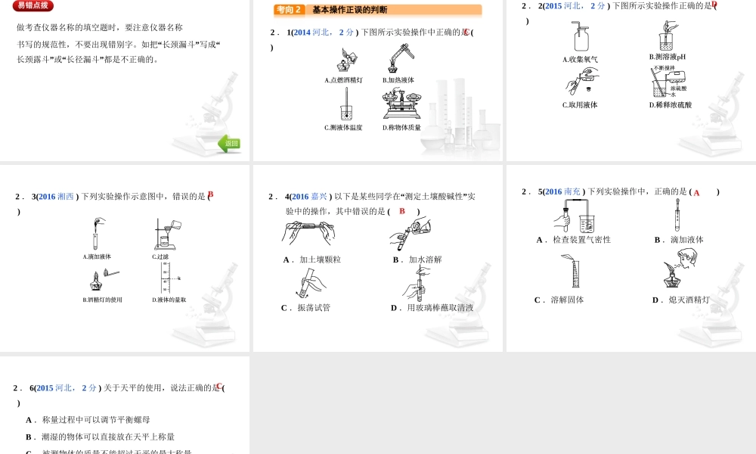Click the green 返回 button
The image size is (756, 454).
230,143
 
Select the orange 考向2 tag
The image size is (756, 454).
289,10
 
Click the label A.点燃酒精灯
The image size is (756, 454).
343,80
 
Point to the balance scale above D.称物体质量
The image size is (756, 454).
401,105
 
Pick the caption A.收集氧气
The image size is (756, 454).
580,60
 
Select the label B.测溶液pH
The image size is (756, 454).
668,57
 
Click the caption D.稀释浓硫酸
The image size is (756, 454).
671,105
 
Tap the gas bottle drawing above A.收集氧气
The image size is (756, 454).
581,36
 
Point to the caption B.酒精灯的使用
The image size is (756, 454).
102,300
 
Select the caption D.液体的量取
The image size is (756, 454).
169,300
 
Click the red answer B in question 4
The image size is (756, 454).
402,211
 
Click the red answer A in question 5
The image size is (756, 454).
696,193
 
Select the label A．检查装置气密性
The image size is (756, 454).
574,240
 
